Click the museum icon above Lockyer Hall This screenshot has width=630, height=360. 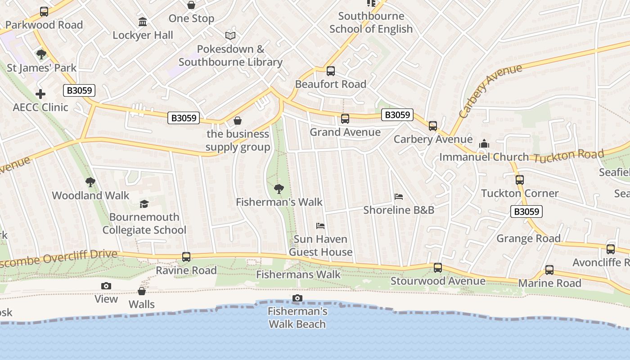click(143, 22)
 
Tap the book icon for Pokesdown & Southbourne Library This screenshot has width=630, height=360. click(230, 36)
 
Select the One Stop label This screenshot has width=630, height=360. click(191, 18)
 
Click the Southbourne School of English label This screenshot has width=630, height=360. click(371, 22)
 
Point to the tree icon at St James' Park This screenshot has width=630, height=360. click(41, 55)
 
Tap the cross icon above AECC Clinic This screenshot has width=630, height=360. click(40, 94)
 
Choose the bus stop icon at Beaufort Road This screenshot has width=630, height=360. click(331, 71)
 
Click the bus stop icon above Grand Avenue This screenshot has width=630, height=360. click(345, 119)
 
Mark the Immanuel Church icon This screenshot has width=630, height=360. click(484, 144)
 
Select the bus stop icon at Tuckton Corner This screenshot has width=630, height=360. click(520, 180)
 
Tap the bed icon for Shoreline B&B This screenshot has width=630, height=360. click(398, 197)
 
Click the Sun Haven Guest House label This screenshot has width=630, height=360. click(320, 245)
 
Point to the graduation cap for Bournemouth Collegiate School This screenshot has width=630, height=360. click(144, 204)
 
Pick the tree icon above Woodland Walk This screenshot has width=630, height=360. click(90, 182)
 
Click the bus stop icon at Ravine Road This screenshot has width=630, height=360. click(186, 257)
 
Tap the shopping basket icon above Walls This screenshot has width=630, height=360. click(142, 291)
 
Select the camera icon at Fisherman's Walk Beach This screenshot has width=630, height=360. click(297, 298)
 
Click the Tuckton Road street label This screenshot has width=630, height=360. click(567, 156)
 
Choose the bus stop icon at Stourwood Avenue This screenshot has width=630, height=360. click(438, 268)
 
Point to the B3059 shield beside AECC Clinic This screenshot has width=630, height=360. click(79, 90)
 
